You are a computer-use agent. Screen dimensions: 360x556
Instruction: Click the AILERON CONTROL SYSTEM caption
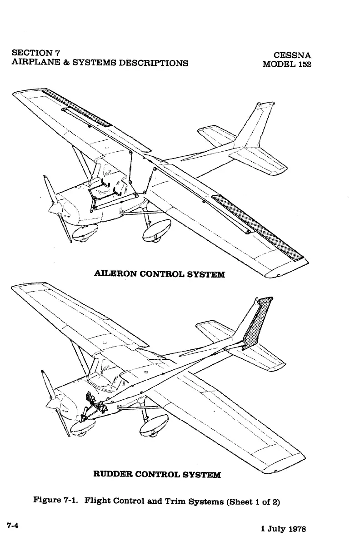tap(159, 274)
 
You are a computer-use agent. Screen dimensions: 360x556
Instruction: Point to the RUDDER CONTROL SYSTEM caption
tap(157, 475)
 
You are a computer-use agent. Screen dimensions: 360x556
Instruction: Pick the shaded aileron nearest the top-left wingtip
tap(77, 108)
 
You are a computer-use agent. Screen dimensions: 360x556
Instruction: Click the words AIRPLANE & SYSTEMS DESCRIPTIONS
tap(100, 63)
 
